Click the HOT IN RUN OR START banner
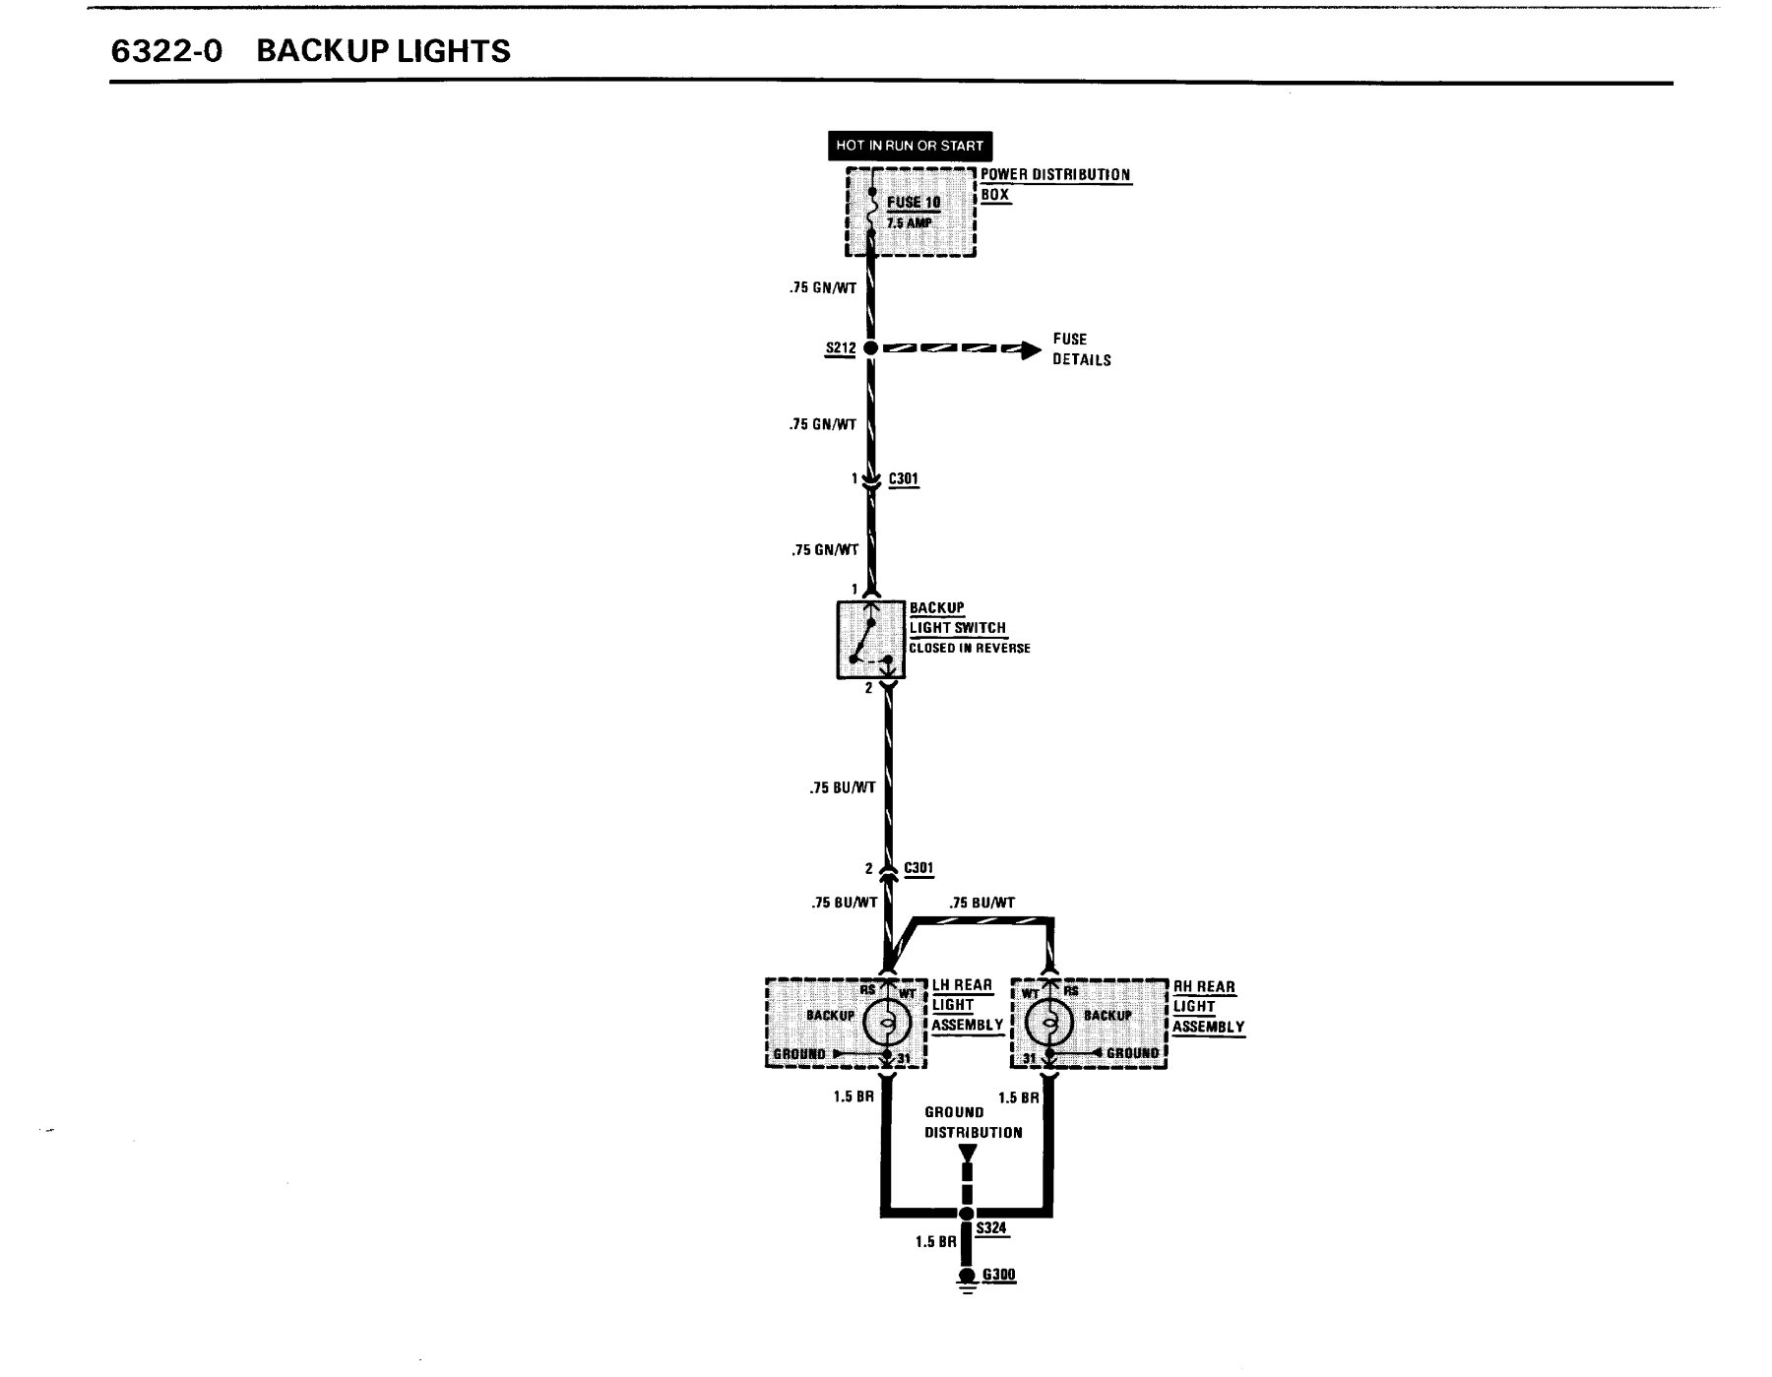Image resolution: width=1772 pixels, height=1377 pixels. tap(909, 146)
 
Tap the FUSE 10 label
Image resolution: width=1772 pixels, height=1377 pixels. tap(914, 203)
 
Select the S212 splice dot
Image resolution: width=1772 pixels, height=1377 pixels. tap(870, 348)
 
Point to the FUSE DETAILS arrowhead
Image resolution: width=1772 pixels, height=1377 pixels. tap(1030, 348)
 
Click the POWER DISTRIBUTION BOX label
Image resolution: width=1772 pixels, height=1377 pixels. tap(1055, 184)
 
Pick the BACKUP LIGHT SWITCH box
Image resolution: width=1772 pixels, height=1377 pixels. tap(871, 640)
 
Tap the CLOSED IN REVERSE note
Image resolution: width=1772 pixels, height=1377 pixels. tap(970, 649)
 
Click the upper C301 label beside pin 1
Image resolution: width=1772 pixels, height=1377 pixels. tap(904, 479)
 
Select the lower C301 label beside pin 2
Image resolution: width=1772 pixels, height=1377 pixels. tap(918, 868)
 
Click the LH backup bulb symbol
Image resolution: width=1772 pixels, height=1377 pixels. tap(886, 1025)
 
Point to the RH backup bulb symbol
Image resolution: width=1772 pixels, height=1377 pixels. tap(1049, 1025)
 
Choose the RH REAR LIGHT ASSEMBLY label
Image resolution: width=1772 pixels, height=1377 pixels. tap(1208, 1007)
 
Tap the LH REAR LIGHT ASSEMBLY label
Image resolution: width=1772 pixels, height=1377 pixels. tap(968, 1005)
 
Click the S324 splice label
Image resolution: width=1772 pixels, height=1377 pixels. tap(991, 1228)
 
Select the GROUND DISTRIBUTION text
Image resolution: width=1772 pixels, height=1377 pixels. tap(974, 1122)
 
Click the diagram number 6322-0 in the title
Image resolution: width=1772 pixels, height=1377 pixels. tap(167, 51)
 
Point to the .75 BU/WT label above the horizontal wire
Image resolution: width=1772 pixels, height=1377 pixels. tap(981, 903)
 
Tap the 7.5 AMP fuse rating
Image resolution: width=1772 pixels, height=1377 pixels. tap(910, 223)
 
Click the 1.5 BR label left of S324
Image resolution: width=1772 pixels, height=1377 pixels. tap(935, 1242)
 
